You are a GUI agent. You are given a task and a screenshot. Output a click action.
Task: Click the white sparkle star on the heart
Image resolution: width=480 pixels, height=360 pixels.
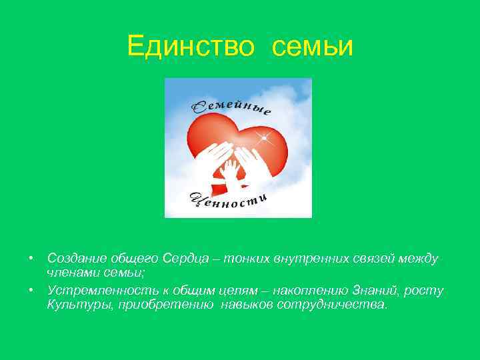pyautogui.click(x=265, y=139)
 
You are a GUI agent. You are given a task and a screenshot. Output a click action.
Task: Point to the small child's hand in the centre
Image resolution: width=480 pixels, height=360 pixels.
pyautogui.click(x=230, y=170)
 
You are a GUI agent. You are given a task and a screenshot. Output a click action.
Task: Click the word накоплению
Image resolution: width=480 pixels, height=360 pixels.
pyautogui.click(x=303, y=291)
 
